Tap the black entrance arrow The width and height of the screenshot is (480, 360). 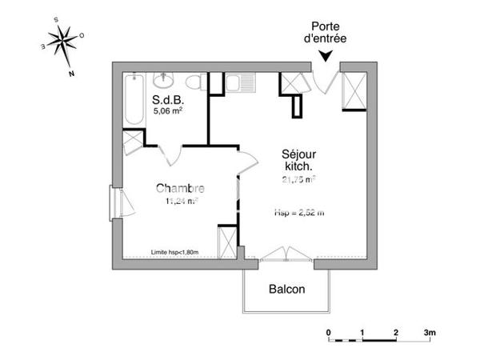pos(326,54)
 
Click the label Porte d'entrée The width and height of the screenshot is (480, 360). pos(326,31)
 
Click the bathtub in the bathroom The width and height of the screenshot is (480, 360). pos(134,99)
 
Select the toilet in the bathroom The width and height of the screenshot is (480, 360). pos(193,82)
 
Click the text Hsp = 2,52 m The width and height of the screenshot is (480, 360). pos(298,213)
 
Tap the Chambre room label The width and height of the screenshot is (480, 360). pos(180,189)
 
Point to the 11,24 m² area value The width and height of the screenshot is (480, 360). pos(182,201)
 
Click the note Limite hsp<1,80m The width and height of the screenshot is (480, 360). pos(175,253)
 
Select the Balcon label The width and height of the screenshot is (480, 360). pos(286,289)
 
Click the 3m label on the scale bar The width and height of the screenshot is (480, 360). pos(430,331)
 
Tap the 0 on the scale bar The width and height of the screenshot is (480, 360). pos(328,331)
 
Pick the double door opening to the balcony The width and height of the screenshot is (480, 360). pos(286,255)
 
